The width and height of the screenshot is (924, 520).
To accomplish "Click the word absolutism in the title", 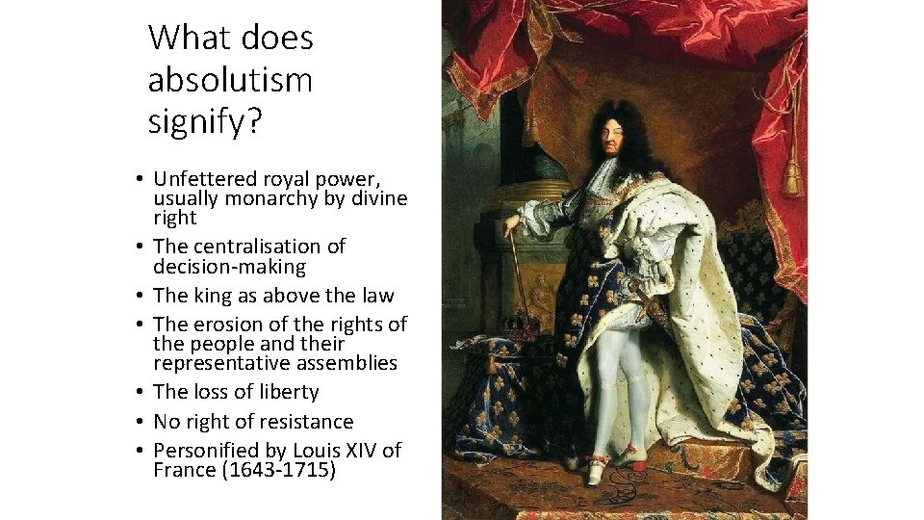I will pos(230,79).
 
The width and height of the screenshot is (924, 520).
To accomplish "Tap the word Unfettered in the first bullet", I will pos(205,179).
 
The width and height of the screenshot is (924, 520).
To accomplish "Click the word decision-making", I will pos(229,267).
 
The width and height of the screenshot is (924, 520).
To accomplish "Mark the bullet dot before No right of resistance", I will pos(141,422).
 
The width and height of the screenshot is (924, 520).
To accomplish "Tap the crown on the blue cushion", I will pos(523,324).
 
